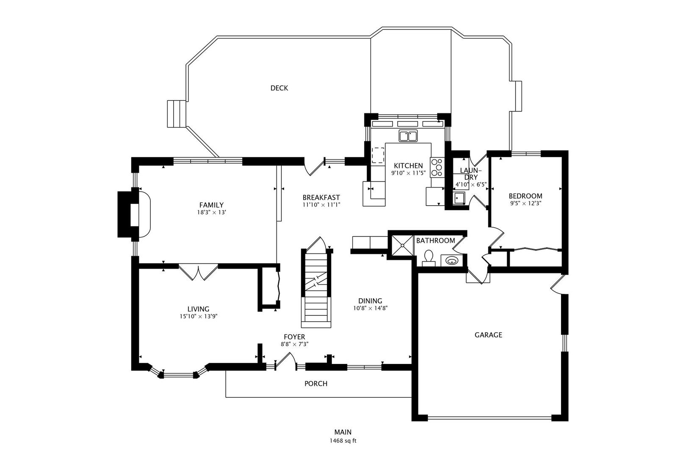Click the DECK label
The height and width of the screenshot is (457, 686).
[x=279, y=88]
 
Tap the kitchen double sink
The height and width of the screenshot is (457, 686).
[x=408, y=136]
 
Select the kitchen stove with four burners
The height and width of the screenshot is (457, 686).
[x=437, y=167]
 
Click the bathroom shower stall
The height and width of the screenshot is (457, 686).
[x=401, y=245]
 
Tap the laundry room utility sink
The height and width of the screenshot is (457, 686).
[x=459, y=198]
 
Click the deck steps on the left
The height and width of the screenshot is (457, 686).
[x=177, y=113]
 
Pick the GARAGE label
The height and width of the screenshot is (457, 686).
[x=488, y=335]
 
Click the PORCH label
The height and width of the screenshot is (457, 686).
[x=316, y=384]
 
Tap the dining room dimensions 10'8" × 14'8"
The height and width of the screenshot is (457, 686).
[x=371, y=308]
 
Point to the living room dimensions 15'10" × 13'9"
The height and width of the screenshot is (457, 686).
[x=198, y=316]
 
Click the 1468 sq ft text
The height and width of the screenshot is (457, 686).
[x=343, y=440]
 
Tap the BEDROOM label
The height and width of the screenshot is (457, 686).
[x=525, y=196]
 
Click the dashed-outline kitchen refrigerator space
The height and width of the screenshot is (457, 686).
[x=378, y=155]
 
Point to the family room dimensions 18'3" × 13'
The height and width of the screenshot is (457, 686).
[x=211, y=212]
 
